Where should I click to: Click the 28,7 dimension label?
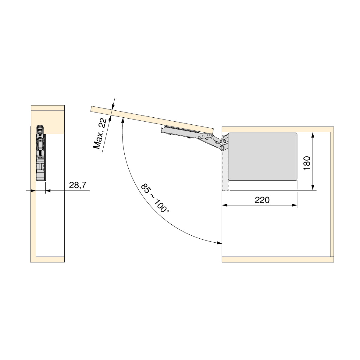point(78,185)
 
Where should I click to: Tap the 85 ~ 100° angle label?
point(155,198)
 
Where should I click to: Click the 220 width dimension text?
point(262,200)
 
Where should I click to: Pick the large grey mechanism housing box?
point(262,156)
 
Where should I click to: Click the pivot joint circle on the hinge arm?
point(223,148)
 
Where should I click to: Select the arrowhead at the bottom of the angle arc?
point(219,243)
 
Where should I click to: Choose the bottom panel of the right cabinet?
point(278,259)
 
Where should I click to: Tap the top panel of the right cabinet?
point(278,129)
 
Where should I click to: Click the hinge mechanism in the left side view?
point(40,152)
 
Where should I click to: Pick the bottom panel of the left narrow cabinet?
point(47,259)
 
